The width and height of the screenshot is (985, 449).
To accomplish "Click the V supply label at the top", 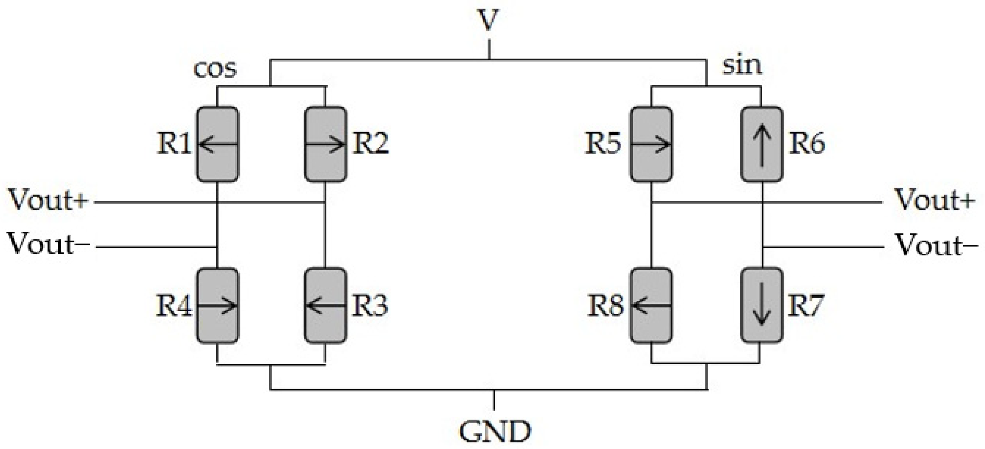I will [488, 20].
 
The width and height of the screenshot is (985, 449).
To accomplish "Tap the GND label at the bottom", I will [495, 432].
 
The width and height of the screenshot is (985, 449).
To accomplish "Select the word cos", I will [215, 69].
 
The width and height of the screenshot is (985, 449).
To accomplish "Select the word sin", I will [742, 66].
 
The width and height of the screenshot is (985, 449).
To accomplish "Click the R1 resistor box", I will [217, 144].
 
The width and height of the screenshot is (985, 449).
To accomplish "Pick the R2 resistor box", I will [325, 144].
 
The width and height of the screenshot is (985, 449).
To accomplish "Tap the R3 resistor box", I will [325, 305].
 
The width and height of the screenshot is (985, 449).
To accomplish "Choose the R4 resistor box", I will [217, 305].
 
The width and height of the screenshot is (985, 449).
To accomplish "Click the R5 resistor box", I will [651, 144].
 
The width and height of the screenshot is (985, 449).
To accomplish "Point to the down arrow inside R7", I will [761, 305].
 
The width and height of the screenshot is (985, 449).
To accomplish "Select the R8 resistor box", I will [651, 305].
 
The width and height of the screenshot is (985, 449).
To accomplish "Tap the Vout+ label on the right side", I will [934, 200].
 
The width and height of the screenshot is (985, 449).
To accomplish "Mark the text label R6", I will [807, 144].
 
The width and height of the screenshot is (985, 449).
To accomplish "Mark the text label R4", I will [174, 306].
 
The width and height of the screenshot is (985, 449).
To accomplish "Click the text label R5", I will [603, 144].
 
